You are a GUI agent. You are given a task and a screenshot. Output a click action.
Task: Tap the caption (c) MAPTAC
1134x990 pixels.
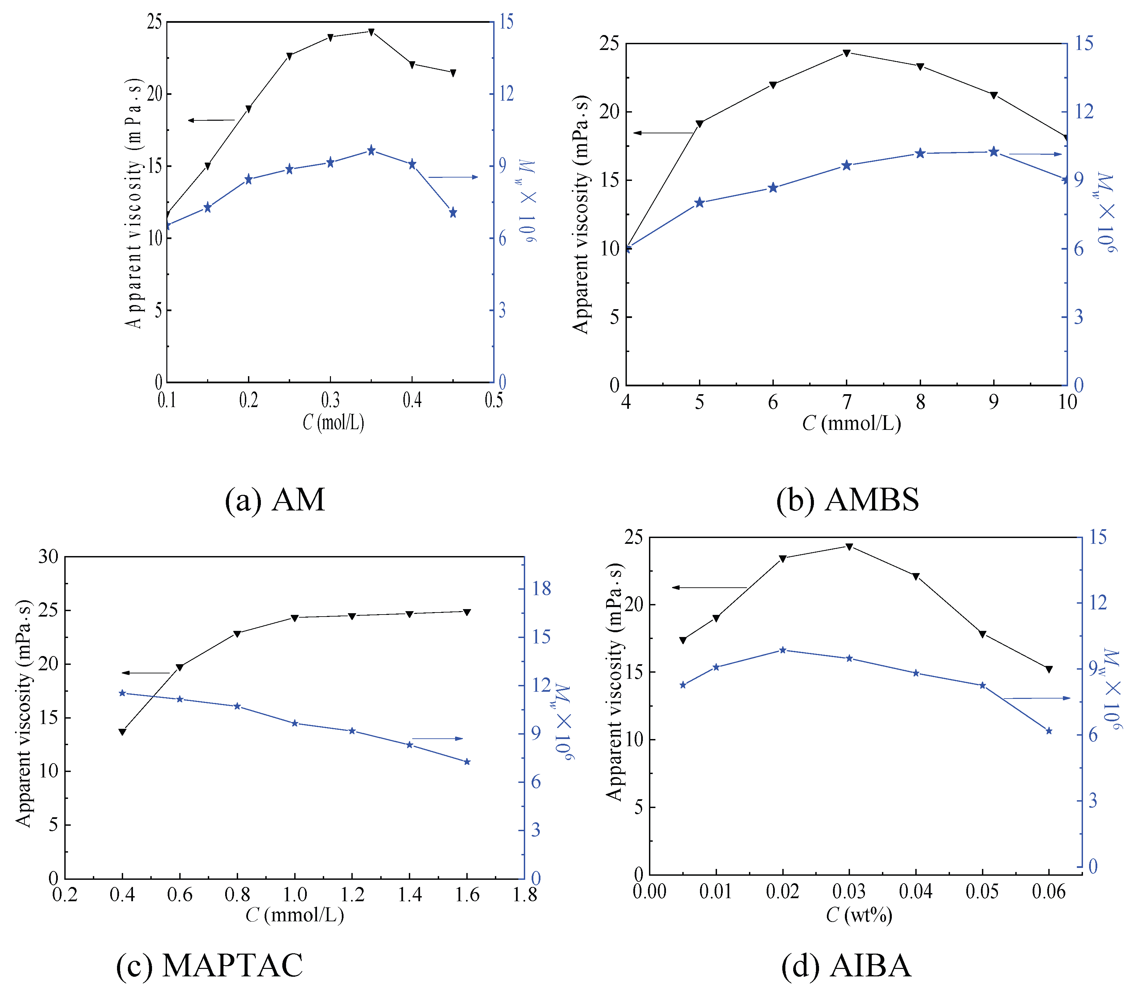pos(210,964)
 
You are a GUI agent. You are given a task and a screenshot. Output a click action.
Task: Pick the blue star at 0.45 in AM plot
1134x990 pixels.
pos(453,213)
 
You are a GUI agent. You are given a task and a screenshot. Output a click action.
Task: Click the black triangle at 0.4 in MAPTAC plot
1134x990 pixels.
pos(123,732)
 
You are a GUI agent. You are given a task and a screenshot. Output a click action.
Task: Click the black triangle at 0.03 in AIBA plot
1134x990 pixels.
pos(849,547)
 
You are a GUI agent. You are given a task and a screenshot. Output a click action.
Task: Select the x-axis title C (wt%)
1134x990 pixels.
pos(859,916)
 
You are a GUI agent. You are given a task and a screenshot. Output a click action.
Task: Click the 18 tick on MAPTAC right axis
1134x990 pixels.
pos(541,589)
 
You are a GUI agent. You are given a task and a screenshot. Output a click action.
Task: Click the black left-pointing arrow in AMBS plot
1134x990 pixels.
pos(663,133)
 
